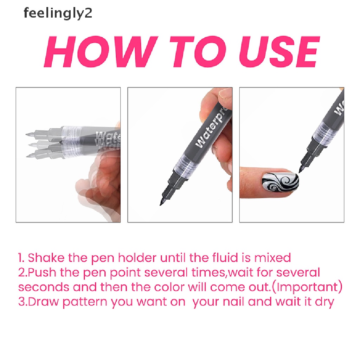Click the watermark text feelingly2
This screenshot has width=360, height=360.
coord(58,13)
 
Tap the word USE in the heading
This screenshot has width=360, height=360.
coord(279,52)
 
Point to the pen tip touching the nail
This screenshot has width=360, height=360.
coord(300,172)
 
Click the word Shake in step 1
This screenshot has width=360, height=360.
coord(46,258)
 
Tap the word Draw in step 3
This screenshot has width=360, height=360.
coord(43,302)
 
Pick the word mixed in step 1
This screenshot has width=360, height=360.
coord(272,258)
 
